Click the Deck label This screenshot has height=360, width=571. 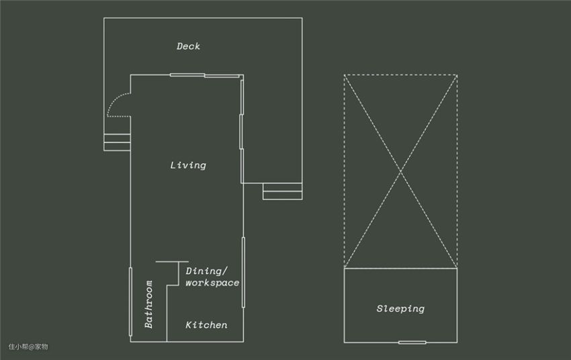point(188,46)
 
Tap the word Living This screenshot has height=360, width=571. point(188,165)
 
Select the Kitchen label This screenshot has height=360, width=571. point(206,325)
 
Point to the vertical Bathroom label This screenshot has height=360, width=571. point(148,304)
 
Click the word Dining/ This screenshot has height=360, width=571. point(206,271)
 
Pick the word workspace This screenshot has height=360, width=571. point(212,283)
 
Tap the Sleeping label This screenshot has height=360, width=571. point(400,309)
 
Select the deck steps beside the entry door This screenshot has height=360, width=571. point(117,142)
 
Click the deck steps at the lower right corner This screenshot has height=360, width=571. point(283,191)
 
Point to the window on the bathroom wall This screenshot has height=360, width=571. point(130,302)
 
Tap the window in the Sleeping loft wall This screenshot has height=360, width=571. point(412,342)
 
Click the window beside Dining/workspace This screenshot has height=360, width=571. point(243,273)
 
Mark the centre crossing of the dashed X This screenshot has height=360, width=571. point(400,171)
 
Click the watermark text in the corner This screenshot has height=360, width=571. point(28,347)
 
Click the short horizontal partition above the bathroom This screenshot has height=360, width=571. point(172,261)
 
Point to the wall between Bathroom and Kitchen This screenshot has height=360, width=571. point(167,314)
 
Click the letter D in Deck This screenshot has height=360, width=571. point(179,46)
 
